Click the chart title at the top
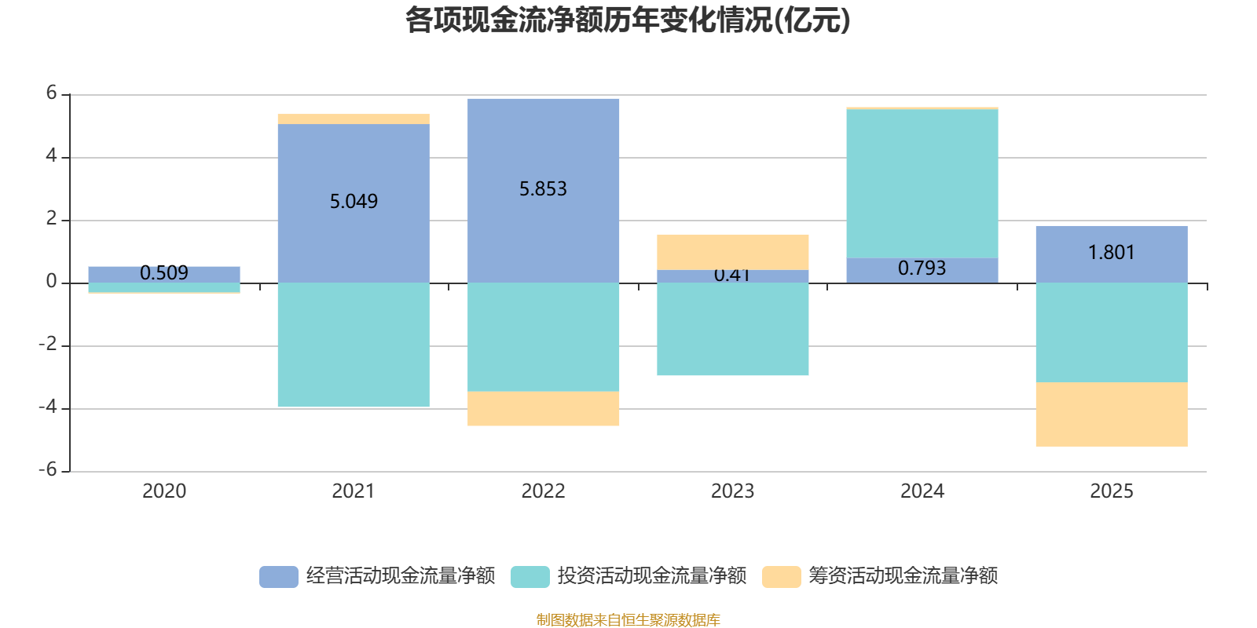(x=627, y=20)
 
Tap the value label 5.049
(x=354, y=202)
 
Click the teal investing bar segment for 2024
(x=922, y=183)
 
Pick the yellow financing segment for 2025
(x=1111, y=414)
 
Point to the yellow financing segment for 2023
(x=732, y=251)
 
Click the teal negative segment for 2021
(x=354, y=345)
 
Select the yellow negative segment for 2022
(x=543, y=409)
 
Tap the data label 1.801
(x=1111, y=253)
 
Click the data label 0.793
(x=922, y=268)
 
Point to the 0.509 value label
(x=164, y=273)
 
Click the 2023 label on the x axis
(x=732, y=491)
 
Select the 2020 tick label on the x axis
(x=164, y=491)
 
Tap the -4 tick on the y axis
(x=49, y=407)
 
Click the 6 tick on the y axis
(x=52, y=93)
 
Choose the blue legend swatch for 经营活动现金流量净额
(x=278, y=576)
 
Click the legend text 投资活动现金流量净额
(x=651, y=576)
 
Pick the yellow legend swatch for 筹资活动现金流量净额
(x=781, y=576)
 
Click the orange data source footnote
(x=628, y=620)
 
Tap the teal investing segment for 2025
(x=1111, y=332)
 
